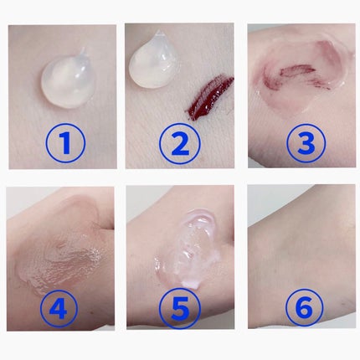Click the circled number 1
[x=65, y=143]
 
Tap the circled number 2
[x=181, y=143]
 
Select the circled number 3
[x=306, y=142]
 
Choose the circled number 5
[x=181, y=308]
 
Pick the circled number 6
[x=304, y=308]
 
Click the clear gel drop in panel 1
[x=67, y=80]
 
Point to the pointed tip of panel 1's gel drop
[x=84, y=49]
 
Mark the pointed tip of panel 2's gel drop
[x=158, y=31]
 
